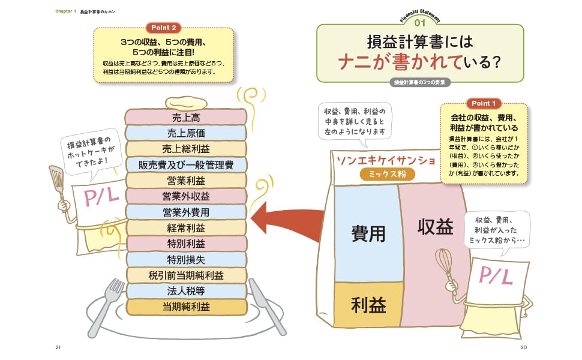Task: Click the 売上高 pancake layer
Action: pyautogui.click(x=185, y=116)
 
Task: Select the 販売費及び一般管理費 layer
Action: pyautogui.click(x=185, y=164)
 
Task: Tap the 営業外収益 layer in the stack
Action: pyautogui.click(x=185, y=196)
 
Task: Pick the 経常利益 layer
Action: pyautogui.click(x=185, y=228)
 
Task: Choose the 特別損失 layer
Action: pyautogui.click(x=185, y=260)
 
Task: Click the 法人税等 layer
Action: pyautogui.click(x=185, y=292)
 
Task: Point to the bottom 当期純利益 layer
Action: pyautogui.click(x=185, y=307)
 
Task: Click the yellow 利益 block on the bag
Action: pyautogui.click(x=368, y=305)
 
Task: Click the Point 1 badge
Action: pyautogui.click(x=484, y=103)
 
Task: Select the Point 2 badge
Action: pyautogui.click(x=163, y=28)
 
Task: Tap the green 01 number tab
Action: pyautogui.click(x=419, y=23)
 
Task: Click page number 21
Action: pyautogui.click(x=58, y=348)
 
